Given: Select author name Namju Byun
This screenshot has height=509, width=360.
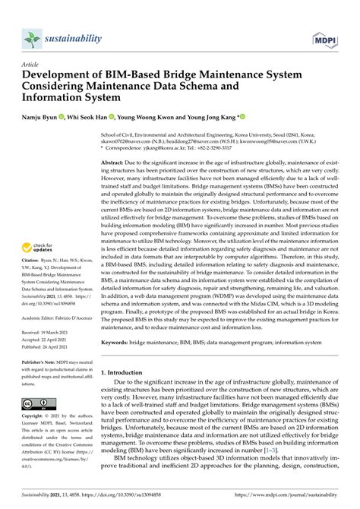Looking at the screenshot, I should pyautogui.click(x=46, y=118).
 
